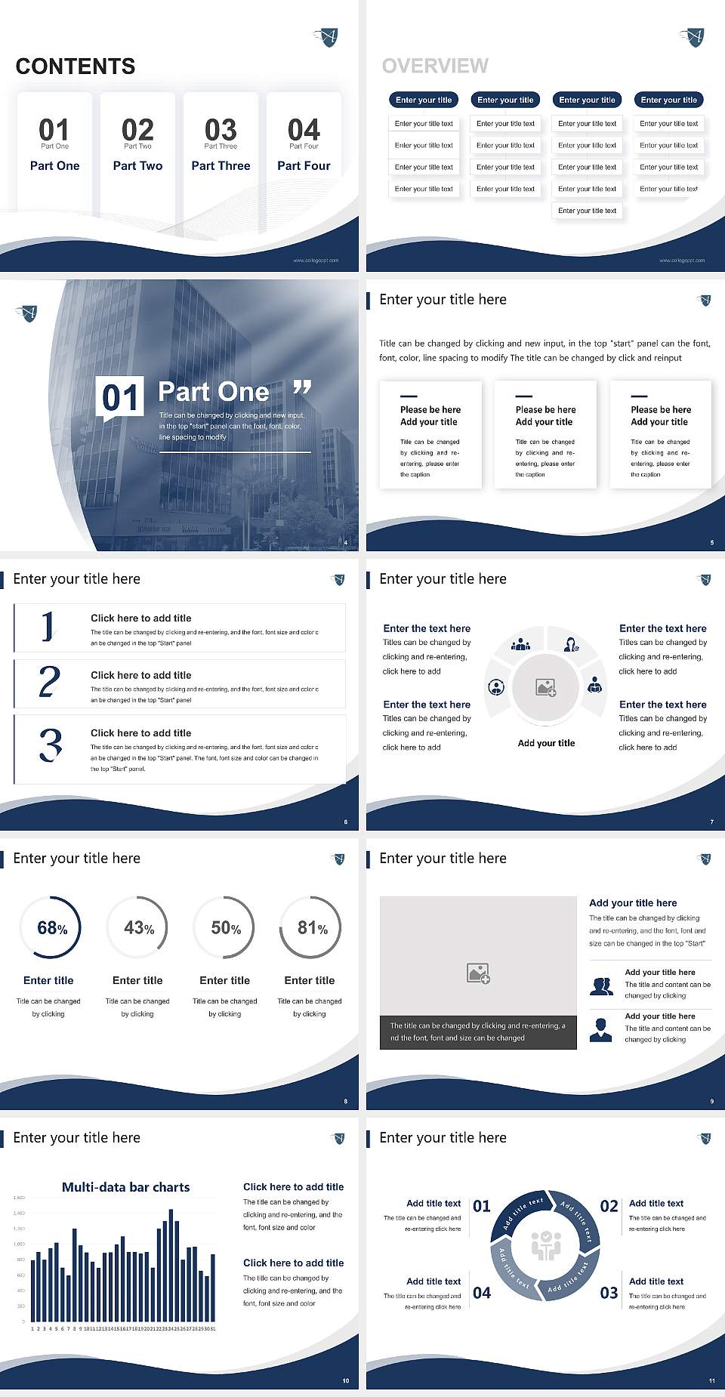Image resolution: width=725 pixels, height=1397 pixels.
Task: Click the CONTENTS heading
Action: pyautogui.click(x=76, y=66)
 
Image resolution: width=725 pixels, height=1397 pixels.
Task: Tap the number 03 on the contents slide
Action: pyautogui.click(x=221, y=129)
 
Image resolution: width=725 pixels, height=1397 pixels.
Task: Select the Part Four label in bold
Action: pyautogui.click(x=304, y=165)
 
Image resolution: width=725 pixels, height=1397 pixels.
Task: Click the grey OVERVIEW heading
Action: pyautogui.click(x=435, y=66)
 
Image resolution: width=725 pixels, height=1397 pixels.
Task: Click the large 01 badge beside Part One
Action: pyautogui.click(x=121, y=397)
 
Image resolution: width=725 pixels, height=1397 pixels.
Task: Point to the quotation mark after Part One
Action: pyautogui.click(x=302, y=387)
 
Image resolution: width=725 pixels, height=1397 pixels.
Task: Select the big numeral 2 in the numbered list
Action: pyautogui.click(x=49, y=682)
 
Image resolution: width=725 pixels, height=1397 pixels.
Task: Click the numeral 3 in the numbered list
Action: pyautogui.click(x=51, y=745)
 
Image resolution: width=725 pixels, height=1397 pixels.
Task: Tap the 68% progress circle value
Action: pyautogui.click(x=52, y=928)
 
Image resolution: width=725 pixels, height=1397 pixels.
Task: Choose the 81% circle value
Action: pyautogui.click(x=312, y=928)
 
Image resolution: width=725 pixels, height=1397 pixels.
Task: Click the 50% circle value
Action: pyautogui.click(x=226, y=928)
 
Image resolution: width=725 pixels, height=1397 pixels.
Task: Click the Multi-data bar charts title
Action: pyautogui.click(x=126, y=1187)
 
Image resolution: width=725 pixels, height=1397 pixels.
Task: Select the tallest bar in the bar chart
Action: pyautogui.click(x=171, y=1266)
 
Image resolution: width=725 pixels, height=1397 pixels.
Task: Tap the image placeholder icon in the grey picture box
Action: pyautogui.click(x=478, y=973)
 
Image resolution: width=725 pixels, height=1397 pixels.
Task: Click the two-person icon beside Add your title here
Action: pyautogui.click(x=601, y=986)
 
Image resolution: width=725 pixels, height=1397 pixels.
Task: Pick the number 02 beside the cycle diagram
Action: pyautogui.click(x=609, y=1207)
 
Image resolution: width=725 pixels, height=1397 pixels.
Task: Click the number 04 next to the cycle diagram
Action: pyautogui.click(x=482, y=1294)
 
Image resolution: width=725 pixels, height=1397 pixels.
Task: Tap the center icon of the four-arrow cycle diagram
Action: pyautogui.click(x=545, y=1246)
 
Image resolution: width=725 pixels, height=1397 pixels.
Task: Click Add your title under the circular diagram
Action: pyautogui.click(x=546, y=743)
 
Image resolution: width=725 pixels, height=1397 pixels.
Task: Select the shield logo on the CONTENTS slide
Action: pyautogui.click(x=327, y=36)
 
